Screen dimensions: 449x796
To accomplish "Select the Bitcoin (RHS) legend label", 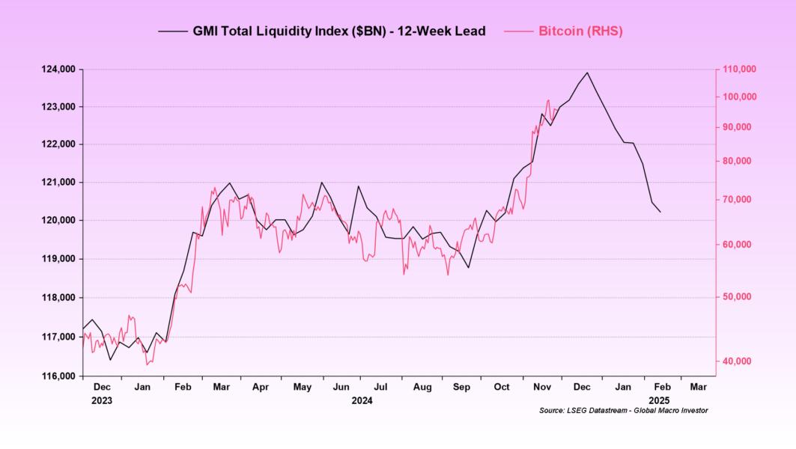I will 580,31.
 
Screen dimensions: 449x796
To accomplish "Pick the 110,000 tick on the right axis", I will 740,70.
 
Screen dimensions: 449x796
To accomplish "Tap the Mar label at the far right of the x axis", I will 697,387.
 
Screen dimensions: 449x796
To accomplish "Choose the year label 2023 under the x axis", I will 102,400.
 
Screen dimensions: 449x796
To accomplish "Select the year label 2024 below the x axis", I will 362,400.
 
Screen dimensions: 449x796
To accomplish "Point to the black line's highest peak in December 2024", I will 587,73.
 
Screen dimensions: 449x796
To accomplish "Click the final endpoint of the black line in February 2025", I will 660,213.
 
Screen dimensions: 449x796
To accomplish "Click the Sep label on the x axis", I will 462,387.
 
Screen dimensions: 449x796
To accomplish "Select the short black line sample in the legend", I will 172,31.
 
